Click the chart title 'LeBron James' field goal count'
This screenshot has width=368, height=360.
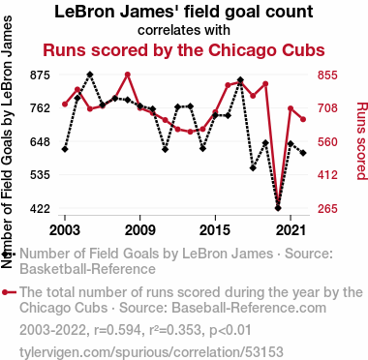[x=184, y=12]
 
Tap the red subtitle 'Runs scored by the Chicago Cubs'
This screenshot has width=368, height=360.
[x=184, y=50]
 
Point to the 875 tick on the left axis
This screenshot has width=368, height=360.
[x=40, y=75]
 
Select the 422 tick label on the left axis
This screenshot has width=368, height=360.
[x=40, y=209]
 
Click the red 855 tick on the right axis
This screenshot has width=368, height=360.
[x=327, y=75]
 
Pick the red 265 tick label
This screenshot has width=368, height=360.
[x=327, y=209]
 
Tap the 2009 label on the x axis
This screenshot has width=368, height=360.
[x=140, y=230]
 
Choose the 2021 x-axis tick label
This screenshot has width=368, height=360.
[x=291, y=230]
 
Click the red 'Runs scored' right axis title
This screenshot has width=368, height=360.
[x=361, y=140]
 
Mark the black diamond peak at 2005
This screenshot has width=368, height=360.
[x=90, y=75]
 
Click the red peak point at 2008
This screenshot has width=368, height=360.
[x=128, y=75]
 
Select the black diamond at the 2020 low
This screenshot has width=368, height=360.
[x=278, y=208]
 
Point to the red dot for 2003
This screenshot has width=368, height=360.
[x=65, y=105]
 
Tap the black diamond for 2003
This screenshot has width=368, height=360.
[x=65, y=149]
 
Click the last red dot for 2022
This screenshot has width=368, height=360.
[x=303, y=119]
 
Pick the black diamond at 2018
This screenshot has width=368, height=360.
[x=253, y=168]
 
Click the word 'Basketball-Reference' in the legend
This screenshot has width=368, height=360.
[x=88, y=269]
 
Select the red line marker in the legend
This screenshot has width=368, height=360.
[x=9, y=292]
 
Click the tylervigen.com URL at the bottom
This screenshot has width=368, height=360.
[x=151, y=352]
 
